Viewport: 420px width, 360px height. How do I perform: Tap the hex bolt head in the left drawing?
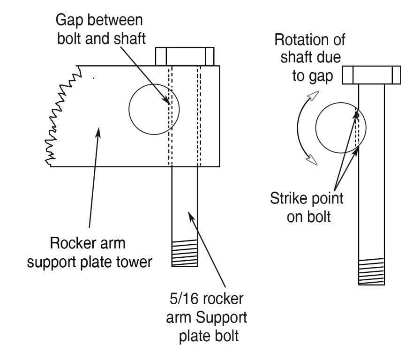pos(185,56)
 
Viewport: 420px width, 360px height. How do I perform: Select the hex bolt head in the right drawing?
pos(371,75)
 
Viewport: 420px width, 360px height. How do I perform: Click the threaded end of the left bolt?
pos(185,253)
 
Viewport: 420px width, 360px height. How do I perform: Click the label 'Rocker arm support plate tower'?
pos(89,253)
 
